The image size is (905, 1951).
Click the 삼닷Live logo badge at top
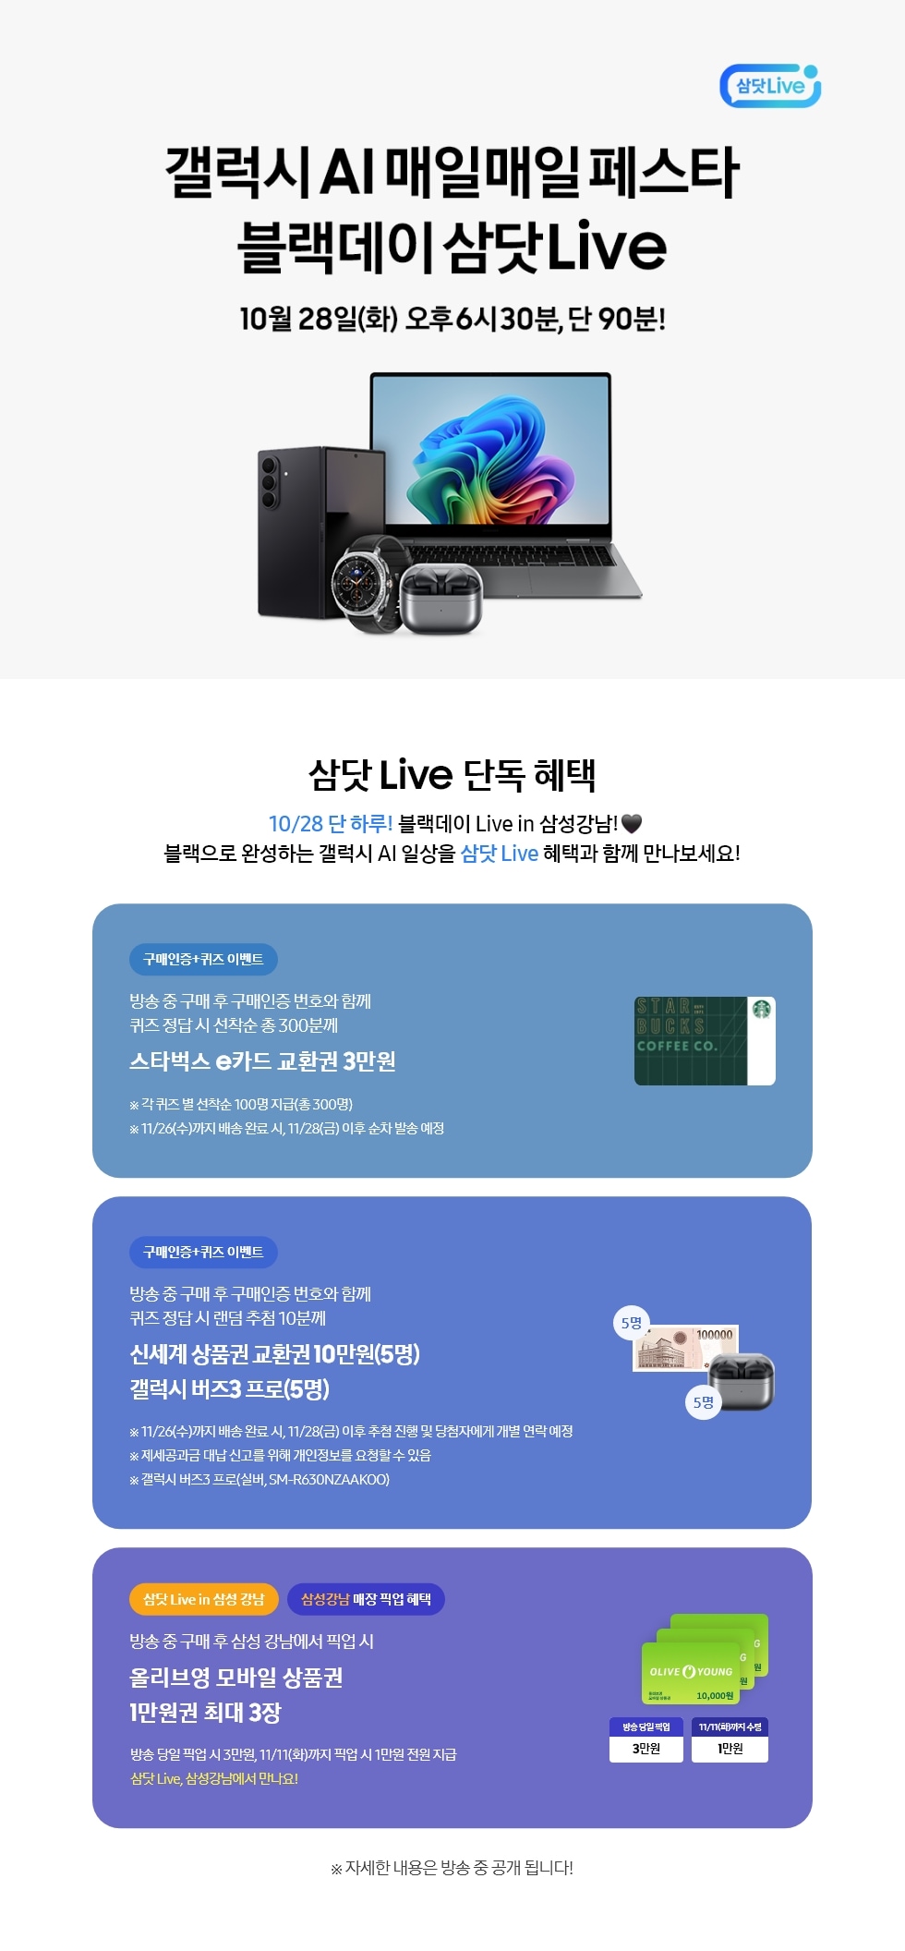pyautogui.click(x=770, y=86)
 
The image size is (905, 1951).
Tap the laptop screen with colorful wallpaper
pyautogui.click(x=490, y=451)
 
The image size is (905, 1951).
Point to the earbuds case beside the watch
pyautogui.click(x=441, y=600)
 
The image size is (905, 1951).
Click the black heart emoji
pyautogui.click(x=632, y=823)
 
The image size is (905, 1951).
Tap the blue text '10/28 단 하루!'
pyautogui.click(x=331, y=823)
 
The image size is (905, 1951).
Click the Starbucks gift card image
pyautogui.click(x=705, y=1040)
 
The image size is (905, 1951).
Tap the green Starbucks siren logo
pyautogui.click(x=762, y=1010)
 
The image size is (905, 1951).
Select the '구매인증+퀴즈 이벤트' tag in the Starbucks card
pyautogui.click(x=203, y=960)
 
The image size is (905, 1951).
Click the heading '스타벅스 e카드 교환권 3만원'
pyautogui.click(x=263, y=1061)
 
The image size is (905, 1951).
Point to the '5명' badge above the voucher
pyautogui.click(x=632, y=1323)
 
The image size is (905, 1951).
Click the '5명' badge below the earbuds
pyautogui.click(x=704, y=1402)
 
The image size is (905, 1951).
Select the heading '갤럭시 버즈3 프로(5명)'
pyautogui.click(x=230, y=1389)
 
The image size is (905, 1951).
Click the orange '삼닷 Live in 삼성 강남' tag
pyautogui.click(x=204, y=1599)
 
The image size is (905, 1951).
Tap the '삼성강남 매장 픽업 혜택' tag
pyautogui.click(x=366, y=1599)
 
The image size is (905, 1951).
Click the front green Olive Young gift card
pyautogui.click(x=691, y=1673)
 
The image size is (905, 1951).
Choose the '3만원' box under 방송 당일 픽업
pyautogui.click(x=646, y=1749)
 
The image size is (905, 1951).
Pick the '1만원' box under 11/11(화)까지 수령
pyautogui.click(x=730, y=1749)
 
